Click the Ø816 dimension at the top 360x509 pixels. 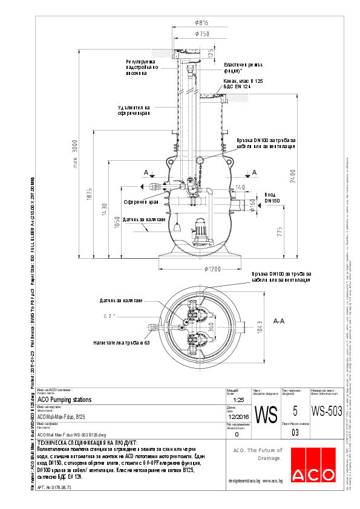(201, 23)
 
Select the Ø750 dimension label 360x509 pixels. (201, 34)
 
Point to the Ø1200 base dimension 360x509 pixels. (215, 268)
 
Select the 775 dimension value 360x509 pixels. (280, 233)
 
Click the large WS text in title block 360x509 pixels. (266, 415)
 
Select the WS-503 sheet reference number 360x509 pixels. (327, 411)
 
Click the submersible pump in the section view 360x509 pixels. (198, 230)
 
